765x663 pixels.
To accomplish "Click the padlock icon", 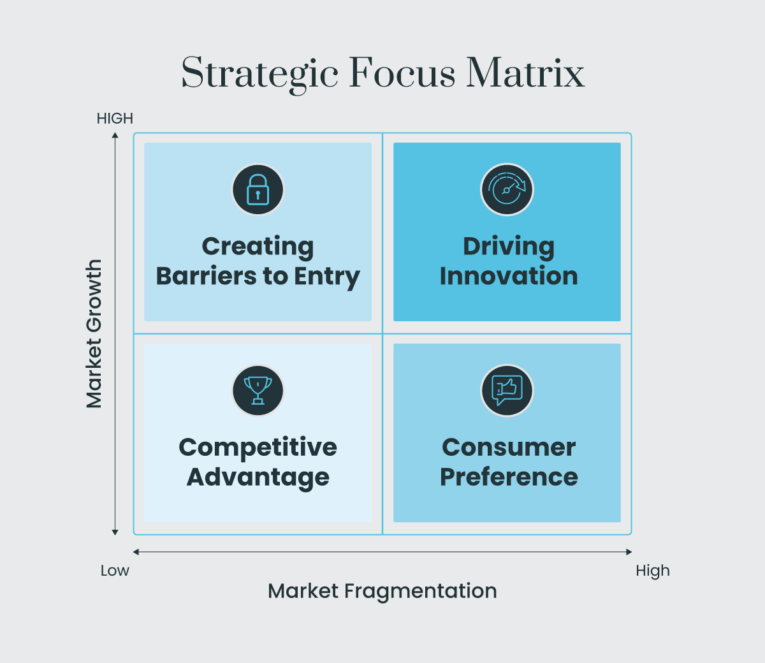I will (258, 190).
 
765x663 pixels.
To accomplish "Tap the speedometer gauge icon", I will (507, 190).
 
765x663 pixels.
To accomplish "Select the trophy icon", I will (258, 390).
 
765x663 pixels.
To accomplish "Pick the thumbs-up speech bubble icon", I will (507, 390).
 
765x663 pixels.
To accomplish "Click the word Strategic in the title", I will (259, 73).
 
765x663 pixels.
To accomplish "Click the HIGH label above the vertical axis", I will (115, 119).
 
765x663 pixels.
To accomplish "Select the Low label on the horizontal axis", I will (115, 571).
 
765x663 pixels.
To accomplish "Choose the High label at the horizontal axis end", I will (653, 571).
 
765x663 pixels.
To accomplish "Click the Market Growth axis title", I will (94, 333).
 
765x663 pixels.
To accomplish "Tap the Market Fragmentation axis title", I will (382, 591).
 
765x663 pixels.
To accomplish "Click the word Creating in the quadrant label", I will (258, 247).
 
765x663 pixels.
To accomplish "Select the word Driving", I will (508, 247).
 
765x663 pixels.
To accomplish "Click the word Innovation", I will (508, 276).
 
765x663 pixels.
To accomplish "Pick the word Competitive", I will (258, 448).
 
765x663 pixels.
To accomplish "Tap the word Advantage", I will (258, 477).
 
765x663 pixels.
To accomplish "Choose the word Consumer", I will (508, 448).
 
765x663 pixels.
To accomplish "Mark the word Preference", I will (508, 477).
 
